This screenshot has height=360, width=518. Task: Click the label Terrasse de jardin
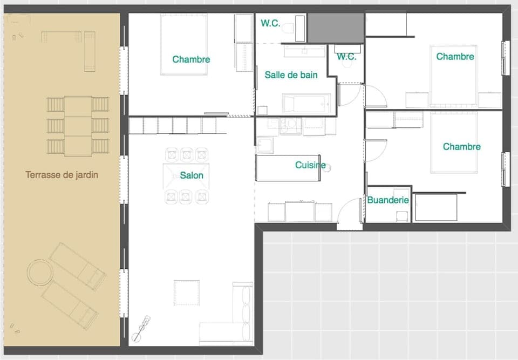[62, 175]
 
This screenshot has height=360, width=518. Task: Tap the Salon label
[192, 175]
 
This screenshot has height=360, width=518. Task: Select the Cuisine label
[310, 165]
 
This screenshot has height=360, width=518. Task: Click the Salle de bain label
[291, 75]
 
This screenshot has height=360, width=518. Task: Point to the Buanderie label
[388, 200]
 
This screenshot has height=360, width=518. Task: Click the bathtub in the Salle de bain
[306, 103]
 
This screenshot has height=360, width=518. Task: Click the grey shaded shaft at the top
[335, 28]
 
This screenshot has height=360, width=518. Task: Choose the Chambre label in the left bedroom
[191, 59]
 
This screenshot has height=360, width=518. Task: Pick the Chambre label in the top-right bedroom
[455, 57]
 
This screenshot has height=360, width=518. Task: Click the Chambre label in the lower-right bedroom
[461, 147]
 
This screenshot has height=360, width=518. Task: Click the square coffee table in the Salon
[186, 293]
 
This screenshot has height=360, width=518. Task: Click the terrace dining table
[78, 126]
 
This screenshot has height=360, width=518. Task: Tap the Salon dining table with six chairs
[186, 175]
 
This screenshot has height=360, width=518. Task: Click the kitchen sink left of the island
[264, 145]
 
